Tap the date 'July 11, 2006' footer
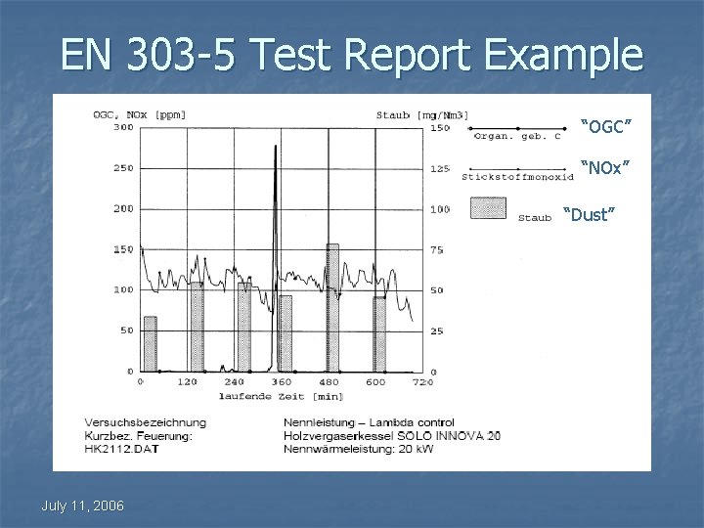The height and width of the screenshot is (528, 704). click(x=82, y=505)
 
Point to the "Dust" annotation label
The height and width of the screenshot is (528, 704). click(x=591, y=214)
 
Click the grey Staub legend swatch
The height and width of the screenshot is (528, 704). click(x=488, y=207)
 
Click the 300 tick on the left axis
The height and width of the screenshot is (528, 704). click(x=123, y=127)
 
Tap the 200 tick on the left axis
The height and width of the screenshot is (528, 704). click(x=123, y=208)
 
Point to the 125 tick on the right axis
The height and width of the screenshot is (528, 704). click(x=440, y=168)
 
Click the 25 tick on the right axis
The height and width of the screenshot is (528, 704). click(x=436, y=331)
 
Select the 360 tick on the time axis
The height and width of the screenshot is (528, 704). click(x=282, y=382)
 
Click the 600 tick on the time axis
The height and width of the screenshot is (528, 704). click(x=375, y=382)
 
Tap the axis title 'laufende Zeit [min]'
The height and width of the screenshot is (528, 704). click(x=282, y=396)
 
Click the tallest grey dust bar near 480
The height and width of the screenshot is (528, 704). click(x=332, y=308)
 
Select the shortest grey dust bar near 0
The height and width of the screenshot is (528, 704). click(x=150, y=344)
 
